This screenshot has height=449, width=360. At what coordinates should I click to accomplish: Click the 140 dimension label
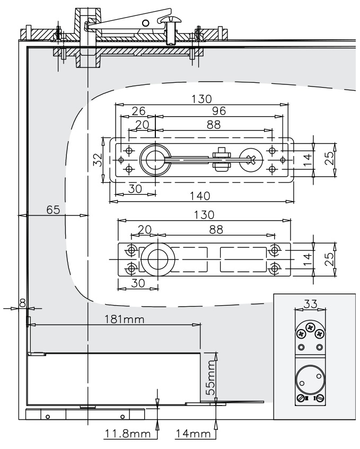tap(202, 195)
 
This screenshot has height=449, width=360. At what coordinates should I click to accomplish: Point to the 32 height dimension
tap(96, 160)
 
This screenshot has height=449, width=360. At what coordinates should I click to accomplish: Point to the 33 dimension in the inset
tap(311, 304)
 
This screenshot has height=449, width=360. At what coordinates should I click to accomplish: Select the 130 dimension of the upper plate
tap(201, 99)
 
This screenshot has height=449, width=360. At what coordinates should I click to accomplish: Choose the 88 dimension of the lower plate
tap(216, 230)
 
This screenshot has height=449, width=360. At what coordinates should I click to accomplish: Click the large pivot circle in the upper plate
tap(155, 159)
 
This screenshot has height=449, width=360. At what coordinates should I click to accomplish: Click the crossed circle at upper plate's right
tap(250, 159)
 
